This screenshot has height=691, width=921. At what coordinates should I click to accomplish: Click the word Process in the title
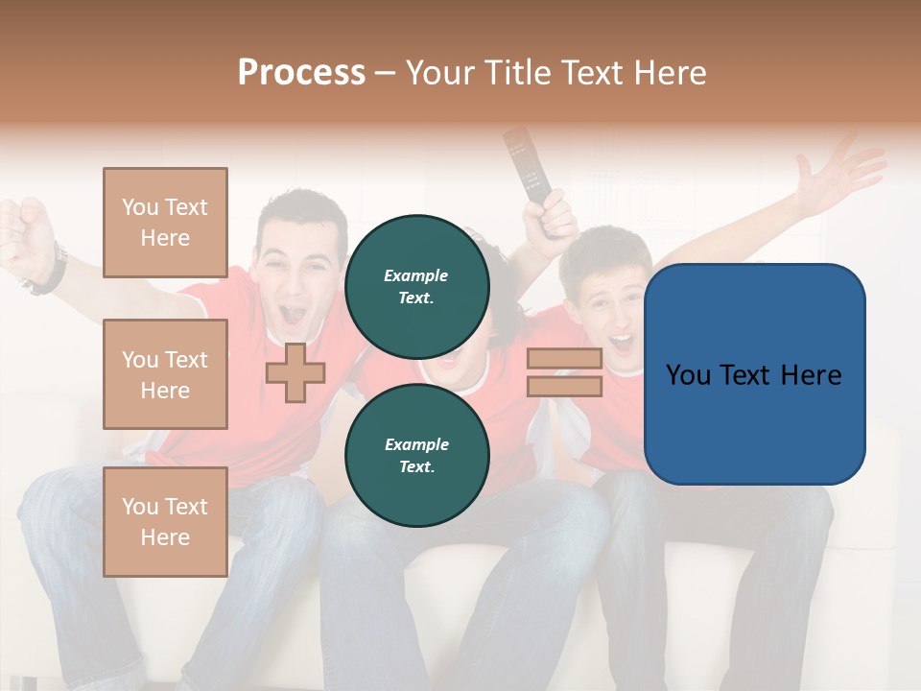(301, 73)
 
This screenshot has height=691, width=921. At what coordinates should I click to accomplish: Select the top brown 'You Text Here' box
(165, 223)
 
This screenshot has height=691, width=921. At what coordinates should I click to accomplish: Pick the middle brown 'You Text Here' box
(165, 374)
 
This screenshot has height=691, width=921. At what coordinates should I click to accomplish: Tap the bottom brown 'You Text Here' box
(165, 521)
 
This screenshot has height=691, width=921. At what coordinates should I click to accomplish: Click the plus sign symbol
(295, 372)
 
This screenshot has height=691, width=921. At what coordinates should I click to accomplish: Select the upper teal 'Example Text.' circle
(416, 286)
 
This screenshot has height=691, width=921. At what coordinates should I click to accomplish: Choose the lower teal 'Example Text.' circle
(416, 455)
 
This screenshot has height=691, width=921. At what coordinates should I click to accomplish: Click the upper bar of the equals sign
(564, 358)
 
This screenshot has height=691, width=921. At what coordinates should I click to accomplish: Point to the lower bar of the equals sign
(564, 386)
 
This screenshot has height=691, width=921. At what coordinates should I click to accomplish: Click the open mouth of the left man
(293, 314)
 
